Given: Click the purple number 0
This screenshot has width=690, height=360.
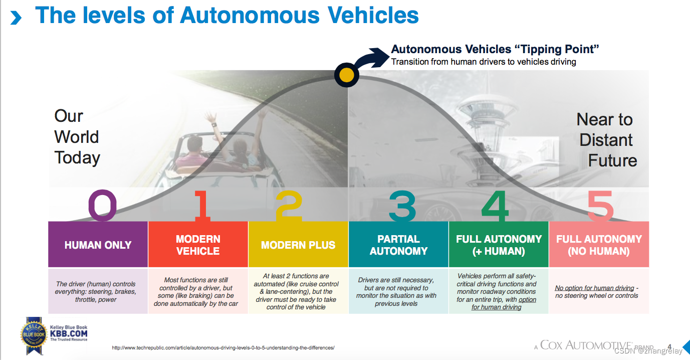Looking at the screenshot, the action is click(102, 206).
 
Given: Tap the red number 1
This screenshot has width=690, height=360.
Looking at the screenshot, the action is click(202, 206).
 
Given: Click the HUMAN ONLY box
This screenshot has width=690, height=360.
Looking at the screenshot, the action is click(98, 245).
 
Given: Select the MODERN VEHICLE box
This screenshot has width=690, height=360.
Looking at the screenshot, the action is click(198, 245).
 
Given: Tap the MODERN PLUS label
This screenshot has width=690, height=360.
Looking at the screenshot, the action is click(298, 245).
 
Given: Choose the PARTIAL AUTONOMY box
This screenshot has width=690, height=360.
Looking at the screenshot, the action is click(398, 245).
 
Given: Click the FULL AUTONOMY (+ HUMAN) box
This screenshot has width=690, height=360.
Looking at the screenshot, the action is click(499, 245).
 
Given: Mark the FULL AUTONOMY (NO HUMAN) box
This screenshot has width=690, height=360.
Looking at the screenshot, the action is click(599, 245).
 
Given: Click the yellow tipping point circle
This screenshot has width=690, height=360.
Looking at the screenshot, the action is click(347, 75).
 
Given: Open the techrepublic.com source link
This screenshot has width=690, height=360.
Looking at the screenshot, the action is click(222, 347).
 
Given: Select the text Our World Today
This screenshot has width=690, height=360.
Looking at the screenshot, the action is click(77, 137).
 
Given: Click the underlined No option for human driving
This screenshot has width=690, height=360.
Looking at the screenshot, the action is click(594, 288).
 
